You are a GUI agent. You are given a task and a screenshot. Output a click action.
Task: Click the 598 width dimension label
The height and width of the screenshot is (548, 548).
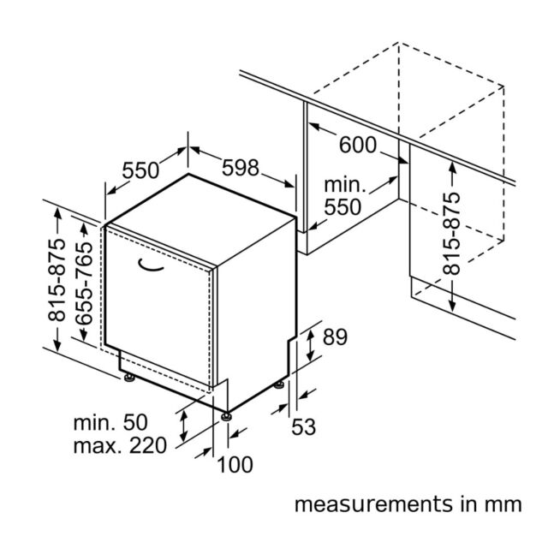241,168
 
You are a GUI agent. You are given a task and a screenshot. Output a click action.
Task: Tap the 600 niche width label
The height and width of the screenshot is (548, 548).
358,145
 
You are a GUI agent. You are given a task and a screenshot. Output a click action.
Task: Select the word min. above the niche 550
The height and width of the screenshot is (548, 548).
344,185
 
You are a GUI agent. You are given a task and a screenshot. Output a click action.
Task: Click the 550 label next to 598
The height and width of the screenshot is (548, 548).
140,170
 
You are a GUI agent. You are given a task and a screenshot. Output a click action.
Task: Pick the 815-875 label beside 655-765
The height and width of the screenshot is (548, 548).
57,280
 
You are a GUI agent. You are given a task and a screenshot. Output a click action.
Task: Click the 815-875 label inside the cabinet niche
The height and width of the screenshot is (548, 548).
451,233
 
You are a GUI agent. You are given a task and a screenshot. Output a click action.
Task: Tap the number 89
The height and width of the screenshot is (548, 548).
335,337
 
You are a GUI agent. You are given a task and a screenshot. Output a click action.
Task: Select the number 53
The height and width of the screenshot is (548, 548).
303,426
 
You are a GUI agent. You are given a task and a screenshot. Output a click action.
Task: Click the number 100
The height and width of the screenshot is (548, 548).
235,464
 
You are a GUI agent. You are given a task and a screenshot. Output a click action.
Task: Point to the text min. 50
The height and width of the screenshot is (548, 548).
110,422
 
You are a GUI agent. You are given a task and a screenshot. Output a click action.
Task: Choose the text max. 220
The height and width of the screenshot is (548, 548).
120,445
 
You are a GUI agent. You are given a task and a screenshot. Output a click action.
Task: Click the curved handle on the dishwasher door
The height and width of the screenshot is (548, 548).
151,266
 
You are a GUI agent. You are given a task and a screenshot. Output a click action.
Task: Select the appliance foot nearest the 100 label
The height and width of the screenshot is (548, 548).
226,417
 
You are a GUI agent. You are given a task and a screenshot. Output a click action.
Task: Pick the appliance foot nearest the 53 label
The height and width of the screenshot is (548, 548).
279,385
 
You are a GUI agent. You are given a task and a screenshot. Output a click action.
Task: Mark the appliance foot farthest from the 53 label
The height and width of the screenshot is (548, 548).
129,378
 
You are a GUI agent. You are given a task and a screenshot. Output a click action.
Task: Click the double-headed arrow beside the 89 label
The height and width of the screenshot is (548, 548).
310,345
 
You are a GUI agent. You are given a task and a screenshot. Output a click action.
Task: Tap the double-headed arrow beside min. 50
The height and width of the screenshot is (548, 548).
183,426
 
